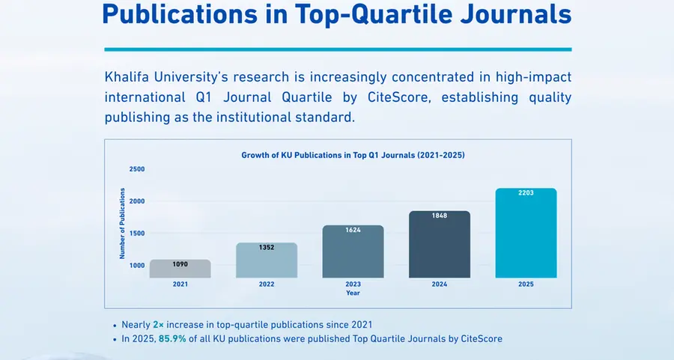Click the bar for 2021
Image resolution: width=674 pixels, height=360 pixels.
(180, 269)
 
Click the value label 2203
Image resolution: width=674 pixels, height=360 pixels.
(526, 194)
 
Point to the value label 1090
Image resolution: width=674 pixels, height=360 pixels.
(180, 265)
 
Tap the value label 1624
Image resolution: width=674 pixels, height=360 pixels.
(353, 231)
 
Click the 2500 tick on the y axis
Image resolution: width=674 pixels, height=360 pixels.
(136, 169)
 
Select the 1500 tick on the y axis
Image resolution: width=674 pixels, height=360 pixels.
(136, 234)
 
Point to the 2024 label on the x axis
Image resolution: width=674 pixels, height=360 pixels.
(440, 284)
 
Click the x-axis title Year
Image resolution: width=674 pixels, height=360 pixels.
(353, 293)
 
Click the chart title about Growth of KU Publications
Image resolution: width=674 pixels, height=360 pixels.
(353, 155)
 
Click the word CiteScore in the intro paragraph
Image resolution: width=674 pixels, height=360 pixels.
(464, 97)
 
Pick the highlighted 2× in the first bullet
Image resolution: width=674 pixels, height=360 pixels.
(157, 325)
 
